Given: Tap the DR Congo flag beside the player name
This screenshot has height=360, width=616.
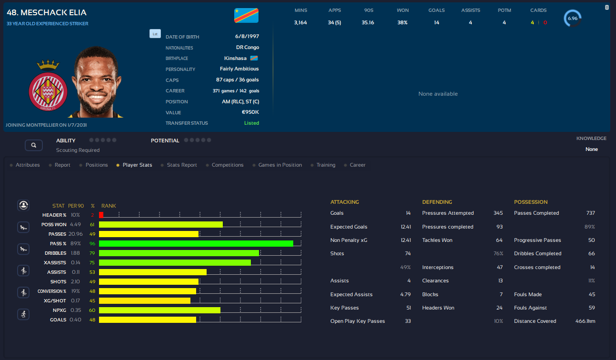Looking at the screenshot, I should pyautogui.click(x=246, y=15).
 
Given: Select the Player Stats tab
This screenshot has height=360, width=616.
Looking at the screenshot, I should pyautogui.click(x=137, y=165).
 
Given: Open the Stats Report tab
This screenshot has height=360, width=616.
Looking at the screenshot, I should pyautogui.click(x=182, y=165).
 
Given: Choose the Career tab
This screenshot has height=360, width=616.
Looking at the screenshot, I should pyautogui.click(x=358, y=165).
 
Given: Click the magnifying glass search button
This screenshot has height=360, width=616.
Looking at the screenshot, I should pyautogui.click(x=34, y=145).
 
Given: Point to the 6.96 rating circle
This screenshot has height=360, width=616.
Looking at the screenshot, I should pyautogui.click(x=572, y=19).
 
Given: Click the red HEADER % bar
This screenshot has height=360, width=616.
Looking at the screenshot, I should pyautogui.click(x=101, y=215).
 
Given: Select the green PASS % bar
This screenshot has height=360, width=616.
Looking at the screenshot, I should pyautogui.click(x=196, y=244).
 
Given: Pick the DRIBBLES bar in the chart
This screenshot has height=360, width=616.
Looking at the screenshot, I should pyautogui.click(x=179, y=253).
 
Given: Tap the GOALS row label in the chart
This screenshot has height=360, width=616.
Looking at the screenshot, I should pyautogui.click(x=58, y=320).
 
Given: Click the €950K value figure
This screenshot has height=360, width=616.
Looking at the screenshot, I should pyautogui.click(x=250, y=112).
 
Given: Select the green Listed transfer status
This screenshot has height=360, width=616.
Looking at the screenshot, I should pyautogui.click(x=251, y=123).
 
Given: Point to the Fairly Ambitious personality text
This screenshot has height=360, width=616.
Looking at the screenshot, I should pyautogui.click(x=239, y=69).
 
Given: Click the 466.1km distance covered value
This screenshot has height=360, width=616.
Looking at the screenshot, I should pyautogui.click(x=585, y=321).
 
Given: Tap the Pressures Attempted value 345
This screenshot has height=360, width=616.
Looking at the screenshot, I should pyautogui.click(x=498, y=213).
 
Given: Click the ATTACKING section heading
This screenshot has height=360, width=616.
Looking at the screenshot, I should pyautogui.click(x=345, y=202).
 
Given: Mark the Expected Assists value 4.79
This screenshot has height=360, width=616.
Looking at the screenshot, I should pyautogui.click(x=406, y=295).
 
